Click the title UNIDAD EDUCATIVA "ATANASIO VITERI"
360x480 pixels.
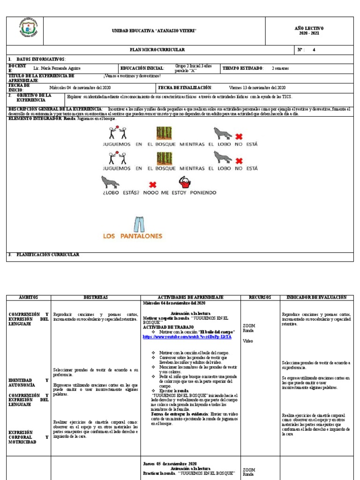point(154,31)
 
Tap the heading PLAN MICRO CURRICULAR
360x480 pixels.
point(157,50)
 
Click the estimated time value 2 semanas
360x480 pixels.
point(280,68)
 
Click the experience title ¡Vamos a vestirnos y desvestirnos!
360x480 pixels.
point(132,76)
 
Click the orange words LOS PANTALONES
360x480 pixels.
point(132,236)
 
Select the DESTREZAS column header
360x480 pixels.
point(96,298)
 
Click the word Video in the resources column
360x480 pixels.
point(247,341)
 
